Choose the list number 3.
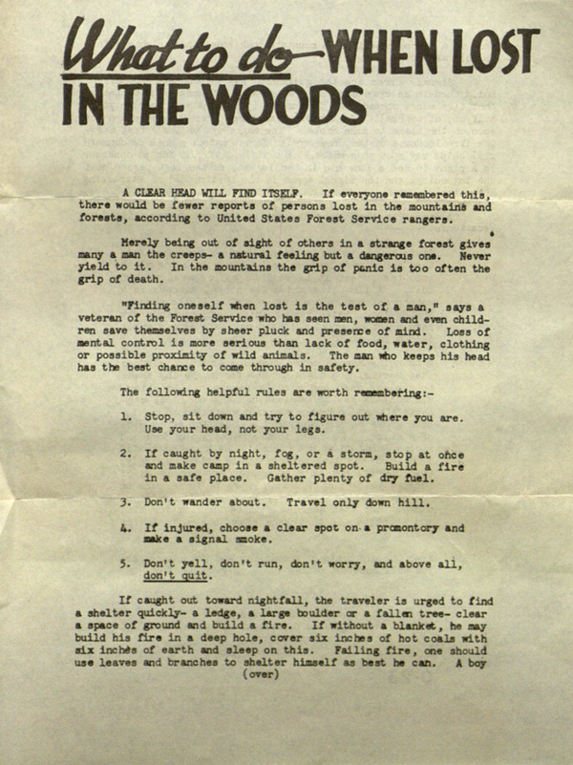pos(126,501)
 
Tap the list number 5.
pos(126,563)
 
